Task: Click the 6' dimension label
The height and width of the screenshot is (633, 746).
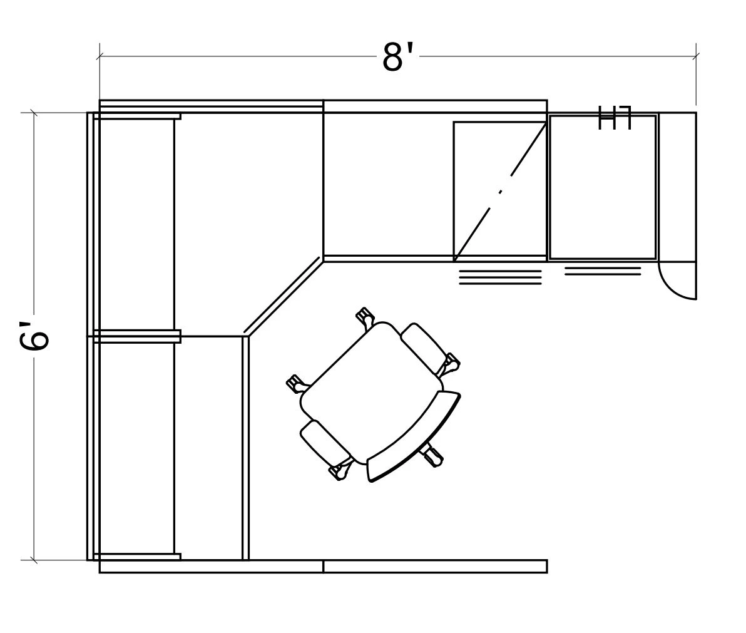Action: (x=34, y=336)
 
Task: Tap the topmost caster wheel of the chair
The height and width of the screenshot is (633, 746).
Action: (x=365, y=316)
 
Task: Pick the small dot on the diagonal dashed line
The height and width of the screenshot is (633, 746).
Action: (x=500, y=192)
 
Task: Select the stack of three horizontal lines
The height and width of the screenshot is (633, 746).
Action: (x=500, y=277)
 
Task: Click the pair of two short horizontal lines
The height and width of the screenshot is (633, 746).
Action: (x=603, y=271)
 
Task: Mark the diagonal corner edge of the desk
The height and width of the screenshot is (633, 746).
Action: (x=284, y=296)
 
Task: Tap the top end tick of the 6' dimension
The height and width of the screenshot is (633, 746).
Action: (x=34, y=113)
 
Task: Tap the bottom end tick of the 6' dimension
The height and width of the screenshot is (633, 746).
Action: (x=34, y=559)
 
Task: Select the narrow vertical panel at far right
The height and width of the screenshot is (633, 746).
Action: (x=677, y=186)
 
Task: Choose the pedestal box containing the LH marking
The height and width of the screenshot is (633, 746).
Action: (x=603, y=187)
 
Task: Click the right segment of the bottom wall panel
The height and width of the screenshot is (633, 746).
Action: (x=435, y=566)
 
